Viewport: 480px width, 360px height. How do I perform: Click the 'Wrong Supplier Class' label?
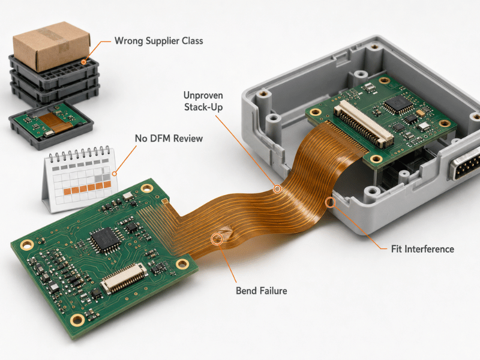(158, 41)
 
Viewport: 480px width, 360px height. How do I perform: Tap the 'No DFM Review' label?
(169, 139)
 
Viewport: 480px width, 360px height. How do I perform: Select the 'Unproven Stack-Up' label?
(203, 101)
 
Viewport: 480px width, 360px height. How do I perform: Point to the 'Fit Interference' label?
(422, 249)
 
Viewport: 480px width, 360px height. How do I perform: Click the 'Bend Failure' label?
(262, 290)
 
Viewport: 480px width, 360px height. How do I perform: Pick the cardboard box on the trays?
(51, 46)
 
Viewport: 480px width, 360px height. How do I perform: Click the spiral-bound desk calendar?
(80, 179)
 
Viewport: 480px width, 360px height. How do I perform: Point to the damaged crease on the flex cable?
(224, 234)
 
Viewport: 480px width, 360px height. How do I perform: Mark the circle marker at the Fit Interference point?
(330, 202)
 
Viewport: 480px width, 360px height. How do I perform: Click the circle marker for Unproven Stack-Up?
(277, 188)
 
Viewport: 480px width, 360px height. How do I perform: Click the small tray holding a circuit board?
(51, 126)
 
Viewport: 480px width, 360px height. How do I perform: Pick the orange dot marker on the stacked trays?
(83, 62)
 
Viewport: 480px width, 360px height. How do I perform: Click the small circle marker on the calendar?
(114, 174)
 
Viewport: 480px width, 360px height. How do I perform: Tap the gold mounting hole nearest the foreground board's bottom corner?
(77, 320)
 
